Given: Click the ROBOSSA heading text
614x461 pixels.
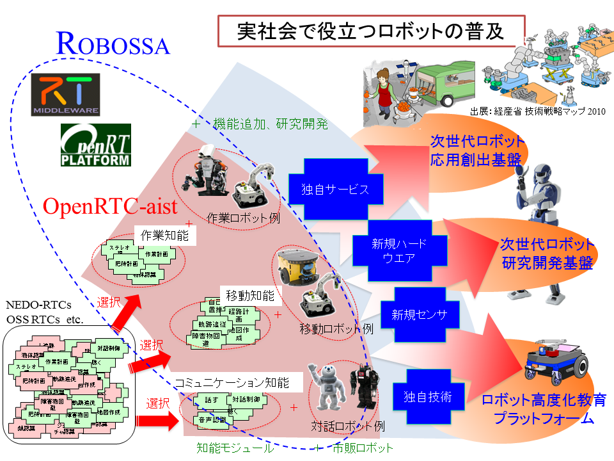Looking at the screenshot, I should tap(113, 44).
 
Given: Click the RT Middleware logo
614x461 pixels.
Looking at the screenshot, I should tap(67, 94).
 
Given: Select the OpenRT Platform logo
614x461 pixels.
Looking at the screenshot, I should tap(95, 145).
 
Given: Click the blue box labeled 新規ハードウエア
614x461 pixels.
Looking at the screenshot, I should tap(398, 250).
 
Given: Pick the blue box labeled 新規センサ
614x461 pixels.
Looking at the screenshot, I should tap(419, 314).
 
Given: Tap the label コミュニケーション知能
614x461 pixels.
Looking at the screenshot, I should tap(231, 382).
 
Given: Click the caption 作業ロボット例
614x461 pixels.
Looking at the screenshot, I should tap(244, 217).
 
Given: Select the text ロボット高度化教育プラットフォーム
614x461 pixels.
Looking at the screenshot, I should tap(544, 410).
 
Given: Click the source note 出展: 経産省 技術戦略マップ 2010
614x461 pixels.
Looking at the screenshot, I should tap(537, 109).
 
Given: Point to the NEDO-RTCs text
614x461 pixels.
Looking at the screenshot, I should tap(38, 305).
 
